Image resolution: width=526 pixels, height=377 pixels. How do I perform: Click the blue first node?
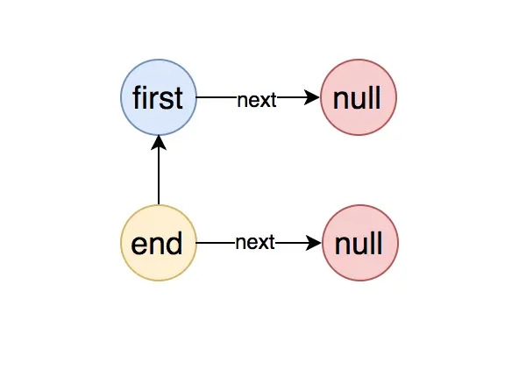(x=159, y=97)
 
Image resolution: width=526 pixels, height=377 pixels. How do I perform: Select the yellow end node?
(x=159, y=242)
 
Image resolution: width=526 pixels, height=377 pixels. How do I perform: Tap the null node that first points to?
(x=359, y=97)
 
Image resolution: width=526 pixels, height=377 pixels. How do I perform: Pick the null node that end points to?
(x=360, y=242)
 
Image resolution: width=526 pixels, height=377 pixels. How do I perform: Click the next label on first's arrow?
(x=257, y=99)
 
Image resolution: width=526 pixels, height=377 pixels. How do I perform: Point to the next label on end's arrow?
(x=255, y=242)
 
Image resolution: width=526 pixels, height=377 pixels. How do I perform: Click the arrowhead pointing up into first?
(x=159, y=143)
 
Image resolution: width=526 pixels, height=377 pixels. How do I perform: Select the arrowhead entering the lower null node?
(x=314, y=242)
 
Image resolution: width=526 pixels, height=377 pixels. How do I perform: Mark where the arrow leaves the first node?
(x=198, y=98)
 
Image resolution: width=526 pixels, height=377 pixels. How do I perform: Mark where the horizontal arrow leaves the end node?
(x=198, y=242)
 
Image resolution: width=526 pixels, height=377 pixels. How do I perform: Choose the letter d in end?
(x=176, y=242)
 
